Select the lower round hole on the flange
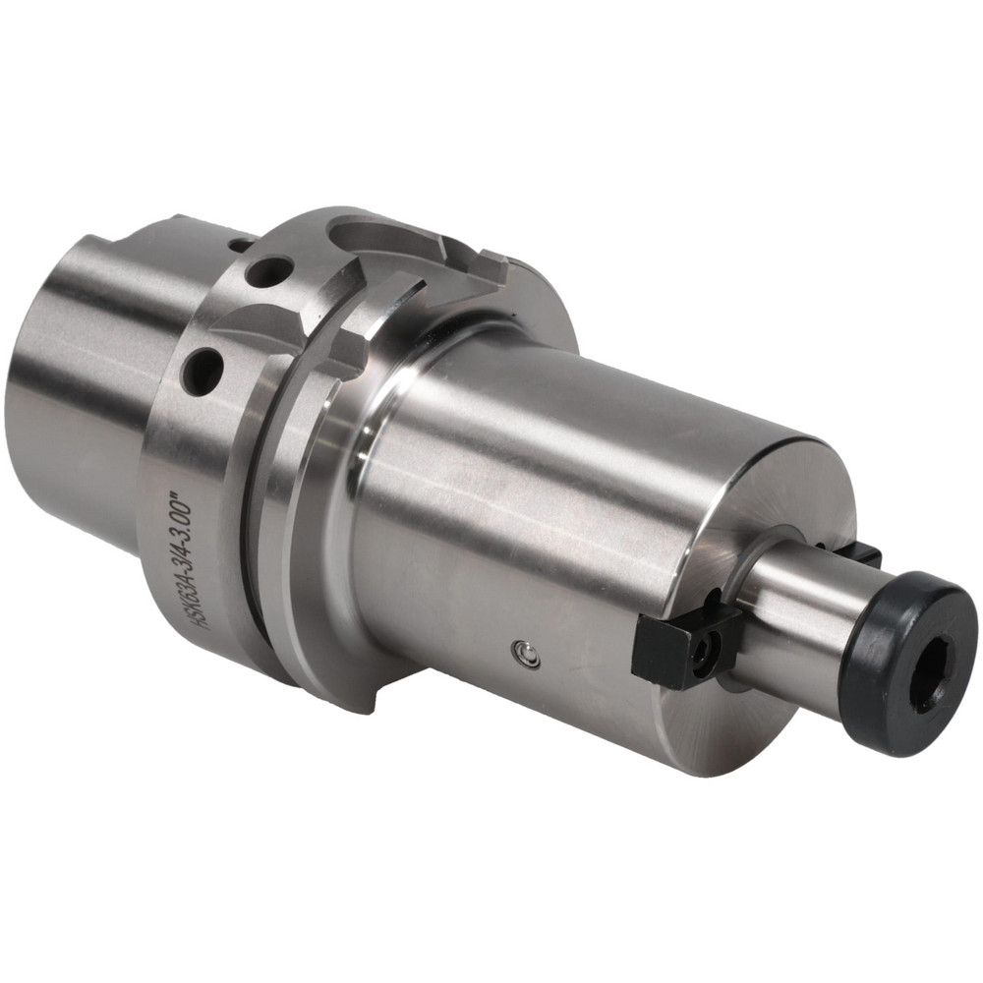202,372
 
